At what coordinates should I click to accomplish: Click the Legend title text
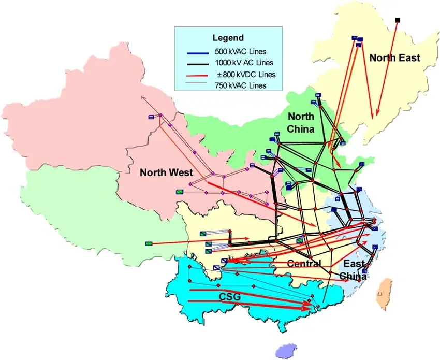tap(228, 38)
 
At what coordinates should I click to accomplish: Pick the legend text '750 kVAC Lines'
tap(240, 85)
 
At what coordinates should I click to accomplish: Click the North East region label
tap(394, 58)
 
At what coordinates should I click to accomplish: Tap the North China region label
tap(301, 123)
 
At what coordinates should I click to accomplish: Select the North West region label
tap(167, 172)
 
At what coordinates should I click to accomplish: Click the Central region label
tap(304, 263)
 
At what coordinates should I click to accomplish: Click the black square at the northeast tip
tap(398, 20)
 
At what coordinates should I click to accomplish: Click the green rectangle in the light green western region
tap(149, 243)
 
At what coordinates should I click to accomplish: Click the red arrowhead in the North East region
tap(378, 114)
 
